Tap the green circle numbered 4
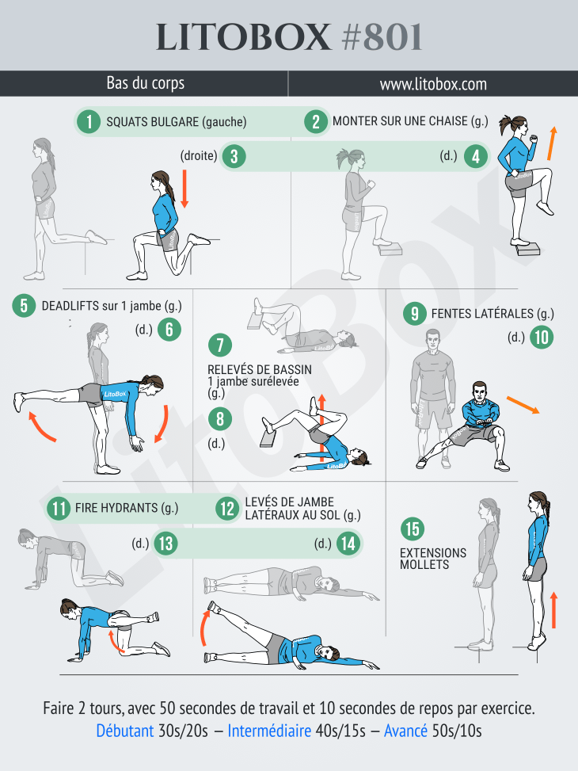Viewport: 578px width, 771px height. click(475, 156)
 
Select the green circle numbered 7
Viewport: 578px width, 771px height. click(219, 345)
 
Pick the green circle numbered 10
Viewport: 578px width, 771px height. click(542, 338)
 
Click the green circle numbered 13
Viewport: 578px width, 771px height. click(165, 544)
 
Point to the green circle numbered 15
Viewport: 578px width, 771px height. click(412, 529)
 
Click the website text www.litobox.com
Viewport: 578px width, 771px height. click(432, 83)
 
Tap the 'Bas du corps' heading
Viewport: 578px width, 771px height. click(146, 83)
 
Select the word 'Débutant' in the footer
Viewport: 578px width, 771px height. click(125, 731)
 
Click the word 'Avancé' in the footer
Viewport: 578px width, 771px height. click(406, 731)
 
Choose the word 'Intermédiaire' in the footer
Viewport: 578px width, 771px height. click(269, 731)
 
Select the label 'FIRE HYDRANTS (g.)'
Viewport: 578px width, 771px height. click(127, 508)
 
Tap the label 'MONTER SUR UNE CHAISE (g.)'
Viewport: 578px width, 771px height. click(410, 122)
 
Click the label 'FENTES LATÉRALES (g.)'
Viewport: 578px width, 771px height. click(492, 314)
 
